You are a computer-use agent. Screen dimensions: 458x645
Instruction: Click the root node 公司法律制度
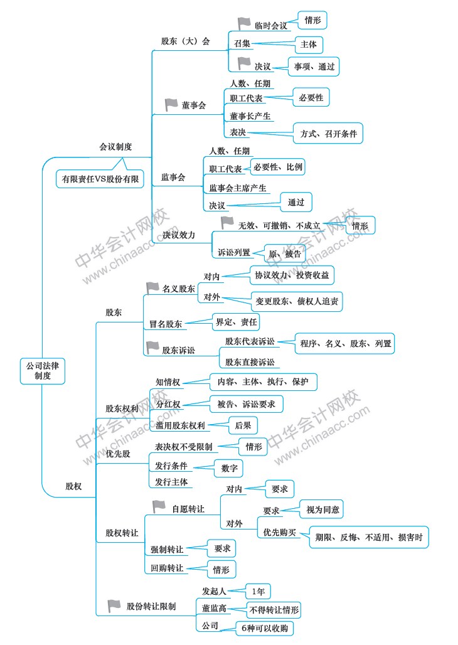(43, 371)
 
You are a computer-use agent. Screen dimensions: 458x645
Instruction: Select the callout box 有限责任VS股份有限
(100, 179)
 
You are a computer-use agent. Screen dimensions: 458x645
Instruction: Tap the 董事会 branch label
(193, 105)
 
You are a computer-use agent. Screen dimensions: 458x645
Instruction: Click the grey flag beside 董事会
(171, 105)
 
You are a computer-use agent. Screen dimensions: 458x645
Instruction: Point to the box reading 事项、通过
(314, 67)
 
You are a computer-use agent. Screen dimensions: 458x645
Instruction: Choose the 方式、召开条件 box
(328, 133)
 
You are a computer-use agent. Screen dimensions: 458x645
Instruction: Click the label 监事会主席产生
(238, 188)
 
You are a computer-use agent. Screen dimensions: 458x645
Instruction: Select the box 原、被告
(285, 254)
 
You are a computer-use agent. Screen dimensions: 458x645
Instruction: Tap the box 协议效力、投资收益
(292, 275)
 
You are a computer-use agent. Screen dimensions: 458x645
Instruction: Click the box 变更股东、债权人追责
(296, 301)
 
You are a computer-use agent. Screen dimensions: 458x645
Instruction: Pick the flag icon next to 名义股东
(152, 287)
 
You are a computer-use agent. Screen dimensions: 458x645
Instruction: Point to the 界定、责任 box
(236, 322)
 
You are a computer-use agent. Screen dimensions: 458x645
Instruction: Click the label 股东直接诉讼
(250, 362)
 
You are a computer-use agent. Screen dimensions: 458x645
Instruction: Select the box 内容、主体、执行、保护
(264, 381)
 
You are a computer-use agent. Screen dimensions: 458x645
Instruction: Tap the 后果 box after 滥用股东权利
(243, 426)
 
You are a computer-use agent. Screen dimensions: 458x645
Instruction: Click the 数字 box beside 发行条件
(229, 468)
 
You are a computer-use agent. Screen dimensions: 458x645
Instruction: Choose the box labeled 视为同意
(322, 509)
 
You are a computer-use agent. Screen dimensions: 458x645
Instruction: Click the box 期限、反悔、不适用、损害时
(369, 537)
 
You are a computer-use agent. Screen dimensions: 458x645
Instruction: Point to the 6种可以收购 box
(265, 628)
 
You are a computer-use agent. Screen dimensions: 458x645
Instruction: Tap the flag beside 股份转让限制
(114, 605)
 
